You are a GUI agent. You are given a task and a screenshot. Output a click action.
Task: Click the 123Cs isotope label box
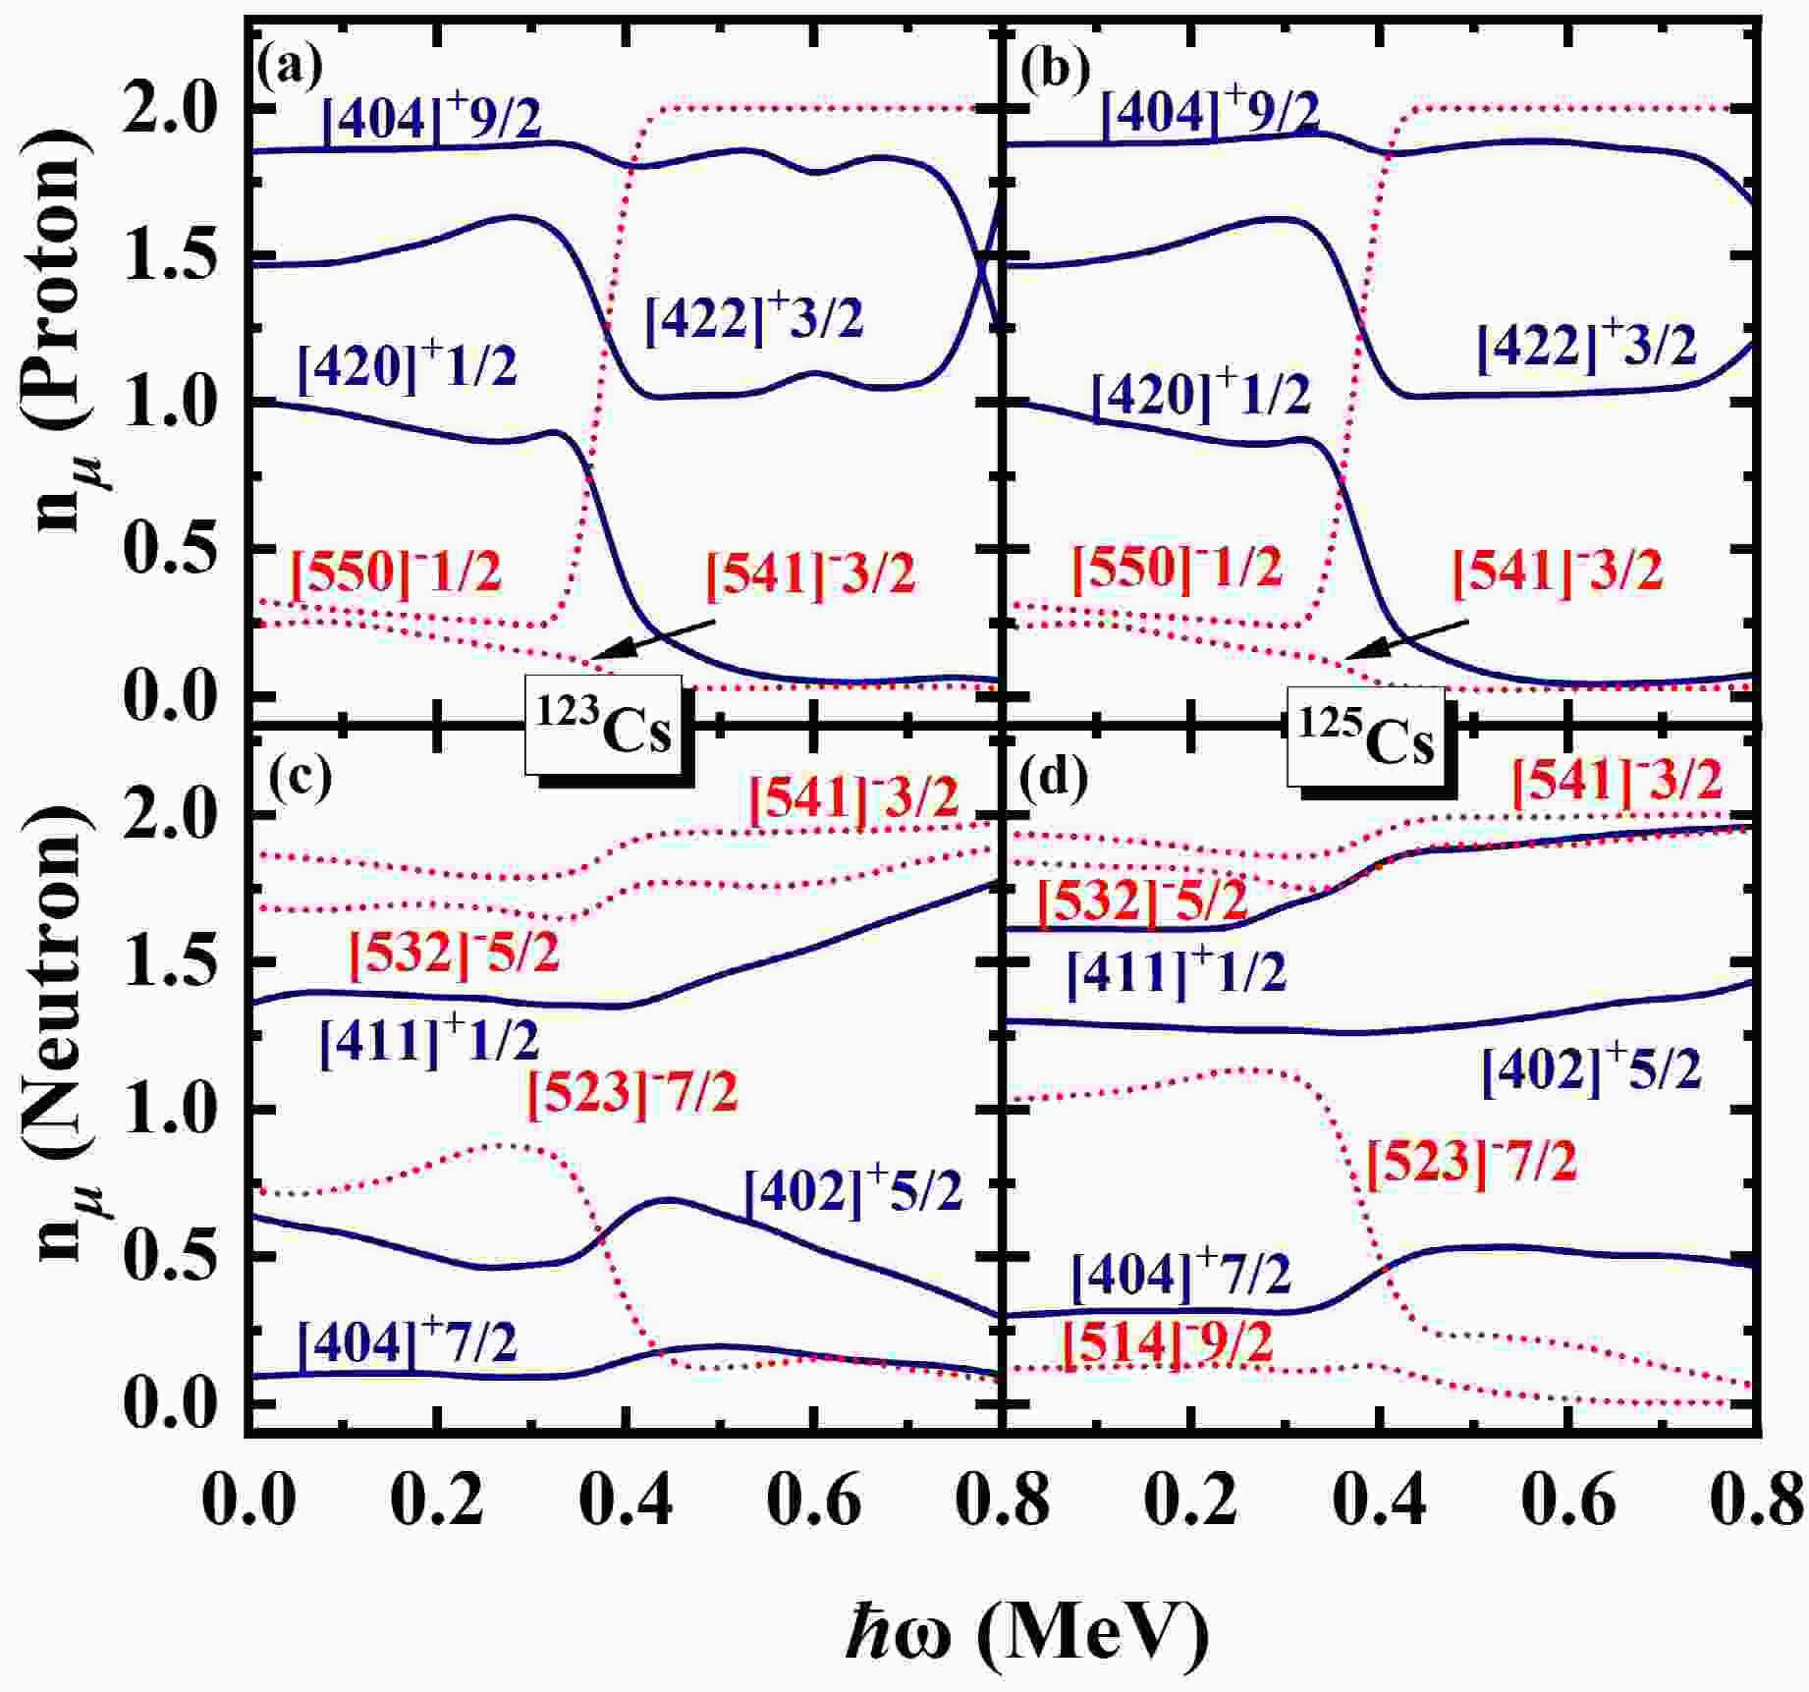pyautogui.click(x=603, y=726)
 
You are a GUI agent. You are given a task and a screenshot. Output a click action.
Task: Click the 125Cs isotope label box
pyautogui.click(x=1366, y=737)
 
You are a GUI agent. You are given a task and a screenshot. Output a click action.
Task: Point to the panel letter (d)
pyautogui.click(x=1055, y=778)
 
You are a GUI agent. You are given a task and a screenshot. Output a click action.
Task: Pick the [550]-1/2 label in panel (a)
pyautogui.click(x=396, y=570)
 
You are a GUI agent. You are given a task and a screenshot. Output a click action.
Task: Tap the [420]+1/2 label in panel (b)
pyautogui.click(x=1200, y=393)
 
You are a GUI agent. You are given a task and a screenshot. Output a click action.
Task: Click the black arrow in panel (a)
pyautogui.click(x=653, y=639)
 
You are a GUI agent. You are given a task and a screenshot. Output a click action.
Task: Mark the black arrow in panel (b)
pyautogui.click(x=1406, y=639)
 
